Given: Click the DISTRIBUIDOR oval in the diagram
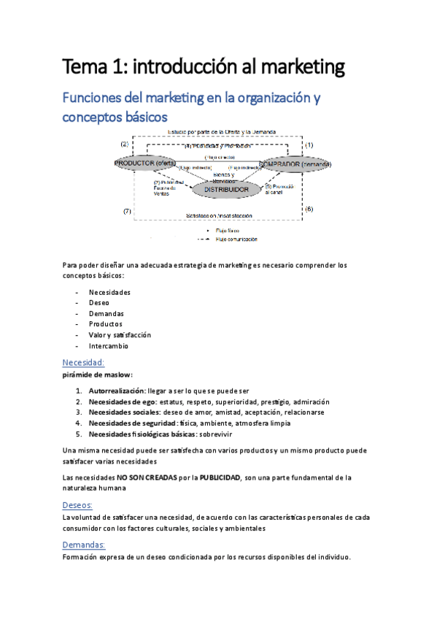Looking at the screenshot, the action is click(227, 190).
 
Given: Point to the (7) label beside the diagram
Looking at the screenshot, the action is click(127, 211).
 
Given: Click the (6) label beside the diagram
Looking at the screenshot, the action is click(309, 209).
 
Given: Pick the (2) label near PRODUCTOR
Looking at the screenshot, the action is click(124, 144).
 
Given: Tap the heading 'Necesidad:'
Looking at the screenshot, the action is click(84, 362).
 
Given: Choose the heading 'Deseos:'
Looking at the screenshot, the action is click(80, 504).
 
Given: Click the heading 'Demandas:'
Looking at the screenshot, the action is click(85, 545).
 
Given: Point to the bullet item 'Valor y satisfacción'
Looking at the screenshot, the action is click(120, 335).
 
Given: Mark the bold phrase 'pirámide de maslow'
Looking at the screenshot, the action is click(97, 375).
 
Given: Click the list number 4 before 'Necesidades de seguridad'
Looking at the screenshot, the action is click(79, 423).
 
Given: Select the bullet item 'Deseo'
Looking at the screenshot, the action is click(99, 302).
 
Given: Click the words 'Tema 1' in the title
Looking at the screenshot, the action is click(90, 69).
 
